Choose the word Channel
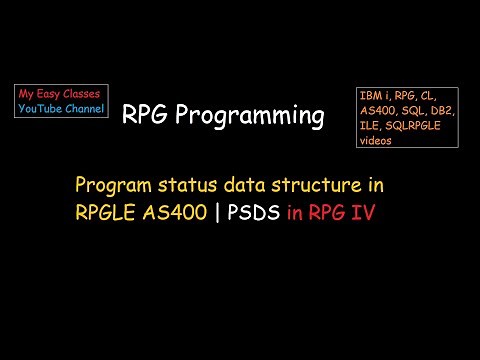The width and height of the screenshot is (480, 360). (85, 109)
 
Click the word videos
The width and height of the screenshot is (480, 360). (375, 141)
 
